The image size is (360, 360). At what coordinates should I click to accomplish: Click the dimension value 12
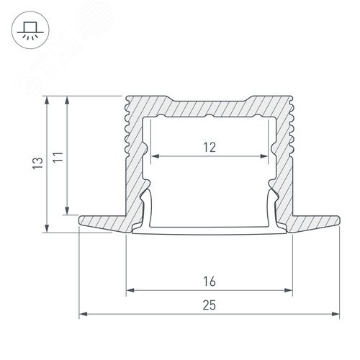[209, 148]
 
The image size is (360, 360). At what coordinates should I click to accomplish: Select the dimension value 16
[210, 280]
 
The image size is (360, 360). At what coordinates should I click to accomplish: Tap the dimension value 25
[210, 305]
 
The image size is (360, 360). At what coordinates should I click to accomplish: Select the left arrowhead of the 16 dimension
[130, 292]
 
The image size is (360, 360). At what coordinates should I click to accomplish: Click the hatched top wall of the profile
[209, 105]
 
